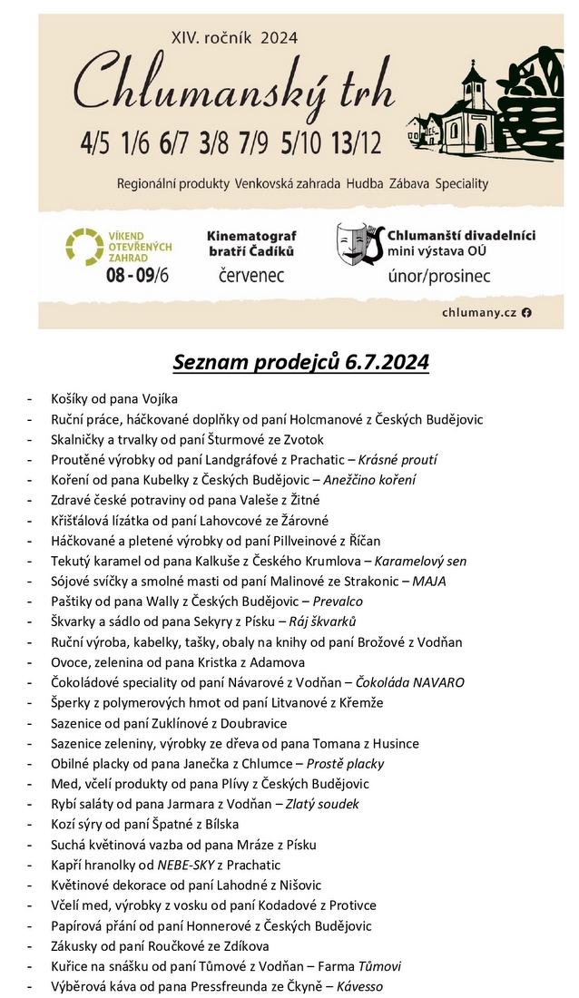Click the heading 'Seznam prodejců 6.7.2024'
[300, 363]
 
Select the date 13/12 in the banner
[356, 142]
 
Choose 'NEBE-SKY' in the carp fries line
[188, 865]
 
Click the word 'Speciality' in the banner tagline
[461, 183]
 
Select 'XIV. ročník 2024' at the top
[234, 38]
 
